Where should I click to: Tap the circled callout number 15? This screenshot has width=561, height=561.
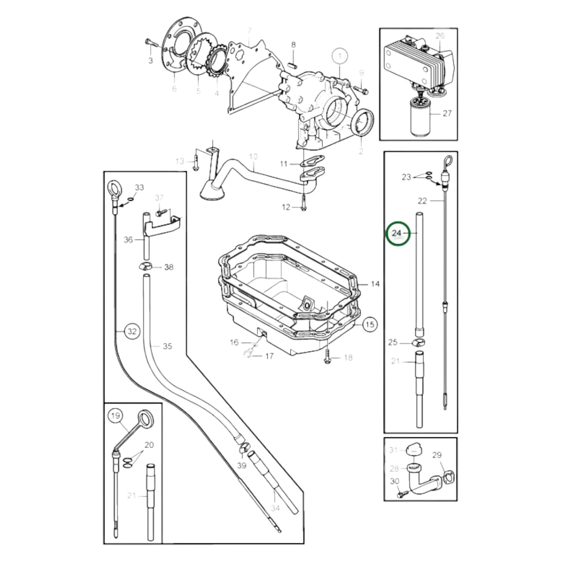tap(370, 324)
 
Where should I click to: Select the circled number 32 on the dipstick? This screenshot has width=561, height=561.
tap(132, 332)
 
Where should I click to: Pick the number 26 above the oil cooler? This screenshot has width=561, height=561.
tap(439, 36)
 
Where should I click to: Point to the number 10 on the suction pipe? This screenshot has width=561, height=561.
tap(253, 157)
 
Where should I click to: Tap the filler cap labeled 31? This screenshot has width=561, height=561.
tap(413, 450)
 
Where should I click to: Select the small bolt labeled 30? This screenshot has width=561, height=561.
tap(401, 495)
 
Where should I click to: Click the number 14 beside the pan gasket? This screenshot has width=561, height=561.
tap(375, 284)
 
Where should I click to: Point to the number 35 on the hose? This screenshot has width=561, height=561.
tap(167, 346)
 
